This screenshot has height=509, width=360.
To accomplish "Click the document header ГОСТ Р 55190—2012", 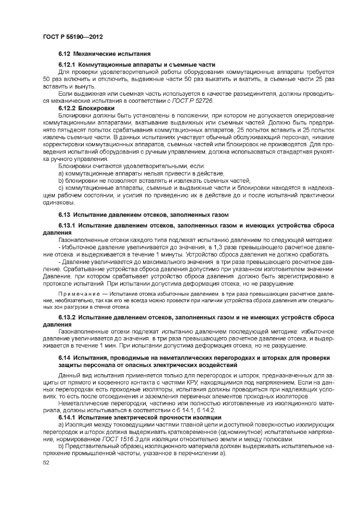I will (73, 37).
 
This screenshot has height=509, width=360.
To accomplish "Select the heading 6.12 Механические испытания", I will (104, 55).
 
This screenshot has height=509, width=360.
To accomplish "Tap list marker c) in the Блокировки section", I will (61, 187).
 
